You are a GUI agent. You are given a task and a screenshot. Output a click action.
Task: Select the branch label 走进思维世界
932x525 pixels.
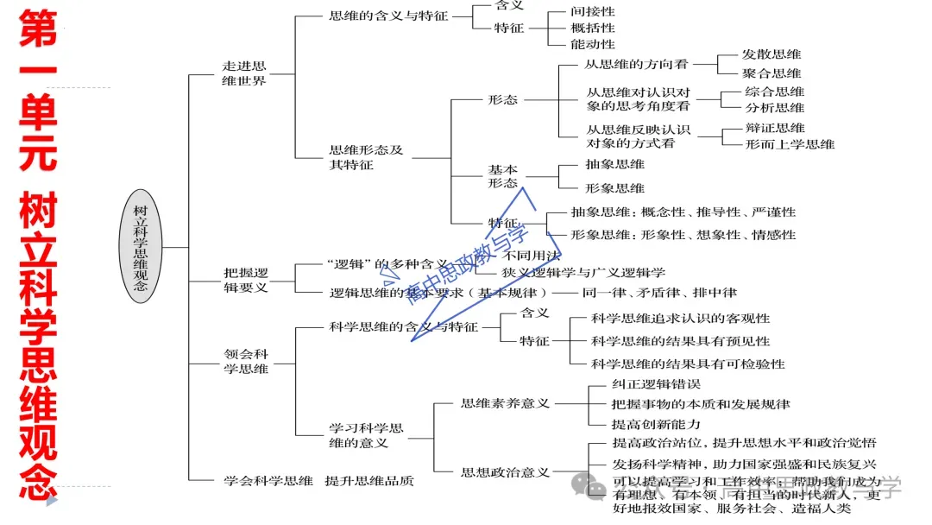point(244,73)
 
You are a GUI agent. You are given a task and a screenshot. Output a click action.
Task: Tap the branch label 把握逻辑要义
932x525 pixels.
point(246,281)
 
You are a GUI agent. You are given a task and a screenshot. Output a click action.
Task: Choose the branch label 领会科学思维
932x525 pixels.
point(246,362)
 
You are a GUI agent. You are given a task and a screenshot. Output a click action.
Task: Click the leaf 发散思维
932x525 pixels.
point(771,54)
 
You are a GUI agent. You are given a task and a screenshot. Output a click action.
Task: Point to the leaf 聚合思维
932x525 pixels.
point(771,73)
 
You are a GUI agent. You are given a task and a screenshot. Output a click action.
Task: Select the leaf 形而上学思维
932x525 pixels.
point(790,144)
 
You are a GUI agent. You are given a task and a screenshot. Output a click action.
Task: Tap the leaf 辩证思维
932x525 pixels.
point(775,128)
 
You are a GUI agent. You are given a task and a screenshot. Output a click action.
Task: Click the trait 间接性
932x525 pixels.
point(593,12)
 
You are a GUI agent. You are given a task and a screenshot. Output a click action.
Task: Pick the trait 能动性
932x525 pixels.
point(593,44)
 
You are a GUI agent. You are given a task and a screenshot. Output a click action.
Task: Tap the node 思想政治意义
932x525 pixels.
point(505,472)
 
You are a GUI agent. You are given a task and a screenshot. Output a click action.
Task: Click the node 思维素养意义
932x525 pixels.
point(505,403)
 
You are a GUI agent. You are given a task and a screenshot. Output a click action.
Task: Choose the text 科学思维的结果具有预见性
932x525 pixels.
point(680,341)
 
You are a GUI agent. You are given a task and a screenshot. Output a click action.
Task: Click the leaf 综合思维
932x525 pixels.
point(775,92)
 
